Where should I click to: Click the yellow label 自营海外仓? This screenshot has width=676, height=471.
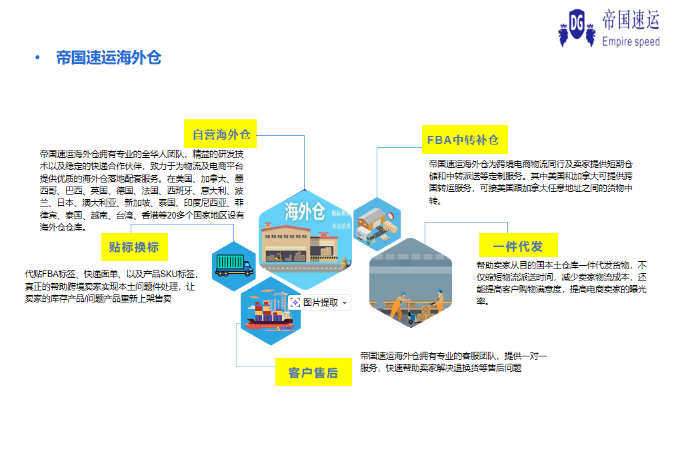(220, 134)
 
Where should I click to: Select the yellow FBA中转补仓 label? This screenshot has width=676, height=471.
(465, 140)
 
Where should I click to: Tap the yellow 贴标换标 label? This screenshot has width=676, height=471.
(135, 247)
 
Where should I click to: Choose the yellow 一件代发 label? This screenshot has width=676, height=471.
(519, 246)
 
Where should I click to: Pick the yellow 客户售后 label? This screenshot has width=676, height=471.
(313, 372)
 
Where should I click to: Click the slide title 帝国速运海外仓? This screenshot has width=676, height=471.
(109, 58)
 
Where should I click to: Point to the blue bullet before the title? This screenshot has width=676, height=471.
(37, 57)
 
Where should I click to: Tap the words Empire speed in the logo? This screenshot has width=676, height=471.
(631, 41)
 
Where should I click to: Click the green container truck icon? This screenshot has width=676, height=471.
(234, 266)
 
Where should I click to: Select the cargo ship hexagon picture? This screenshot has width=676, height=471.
(270, 311)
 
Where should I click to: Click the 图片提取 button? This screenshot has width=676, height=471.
(319, 302)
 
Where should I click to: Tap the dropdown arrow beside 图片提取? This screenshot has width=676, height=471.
(345, 303)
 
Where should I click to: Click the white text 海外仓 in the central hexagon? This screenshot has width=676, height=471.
(305, 211)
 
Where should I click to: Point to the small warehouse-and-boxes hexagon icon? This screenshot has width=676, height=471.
(377, 224)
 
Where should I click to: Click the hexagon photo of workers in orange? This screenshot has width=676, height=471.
(411, 282)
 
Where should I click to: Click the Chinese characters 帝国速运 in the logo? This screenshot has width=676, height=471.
(631, 20)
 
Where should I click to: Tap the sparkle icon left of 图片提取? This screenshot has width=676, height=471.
(295, 302)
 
